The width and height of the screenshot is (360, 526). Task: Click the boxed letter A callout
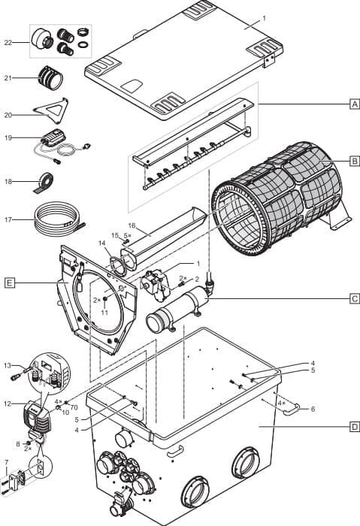354,105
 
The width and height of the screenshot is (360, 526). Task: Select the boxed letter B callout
354,161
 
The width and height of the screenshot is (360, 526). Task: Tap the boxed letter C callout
354,298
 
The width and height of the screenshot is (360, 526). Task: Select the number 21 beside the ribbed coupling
9,77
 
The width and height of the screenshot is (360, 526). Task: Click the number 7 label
7,461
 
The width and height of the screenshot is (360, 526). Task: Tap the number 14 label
102,243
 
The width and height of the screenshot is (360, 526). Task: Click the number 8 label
18,443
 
